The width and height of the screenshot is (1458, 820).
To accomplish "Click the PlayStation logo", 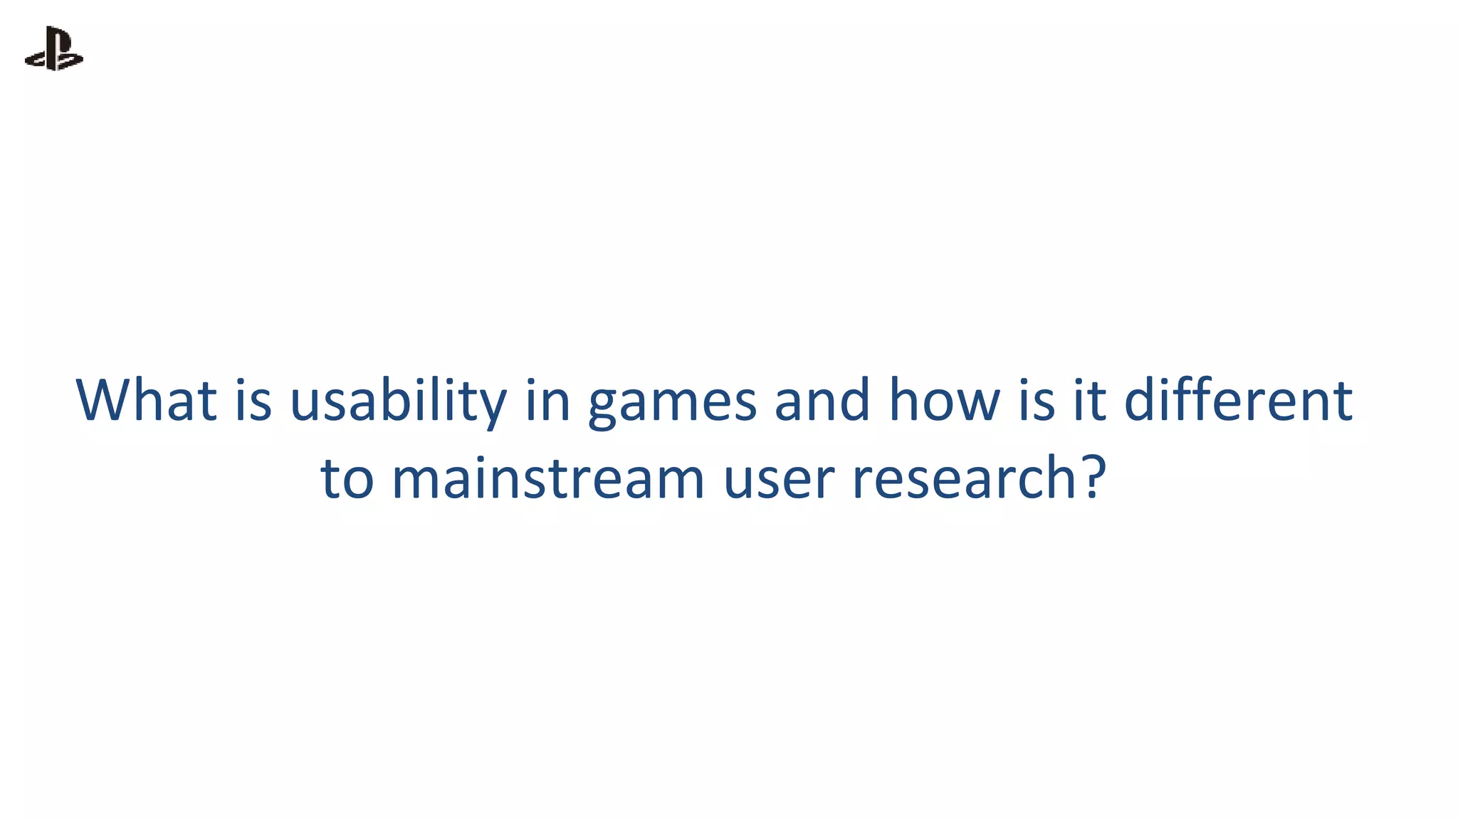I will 54,48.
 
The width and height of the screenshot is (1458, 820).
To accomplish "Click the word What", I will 146,400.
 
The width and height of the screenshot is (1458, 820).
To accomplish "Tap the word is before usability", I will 253,400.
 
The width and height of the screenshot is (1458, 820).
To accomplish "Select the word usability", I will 398,400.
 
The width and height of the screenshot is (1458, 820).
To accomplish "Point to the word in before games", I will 547,400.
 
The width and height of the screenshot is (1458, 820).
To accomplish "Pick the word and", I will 822,400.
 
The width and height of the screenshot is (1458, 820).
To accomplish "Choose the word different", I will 1238,400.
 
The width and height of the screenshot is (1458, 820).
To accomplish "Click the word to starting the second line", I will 347,478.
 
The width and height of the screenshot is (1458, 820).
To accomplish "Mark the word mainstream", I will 548,478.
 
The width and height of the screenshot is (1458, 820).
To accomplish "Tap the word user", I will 778,480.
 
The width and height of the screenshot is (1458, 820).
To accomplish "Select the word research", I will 964,478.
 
